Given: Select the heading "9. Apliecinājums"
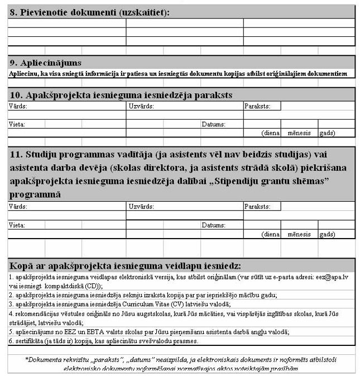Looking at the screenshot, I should pyautogui.click(x=46, y=63).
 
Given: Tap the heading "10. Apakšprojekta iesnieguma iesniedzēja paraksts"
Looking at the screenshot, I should pyautogui.click(x=121, y=95).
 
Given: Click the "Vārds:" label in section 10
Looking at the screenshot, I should pyautogui.click(x=17, y=106).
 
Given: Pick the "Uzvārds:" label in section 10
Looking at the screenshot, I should pyautogui.click(x=141, y=106).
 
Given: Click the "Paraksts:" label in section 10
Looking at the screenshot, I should pyautogui.click(x=257, y=106).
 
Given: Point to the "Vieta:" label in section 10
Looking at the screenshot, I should pyautogui.click(x=17, y=124).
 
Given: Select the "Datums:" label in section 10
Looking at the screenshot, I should pyautogui.click(x=213, y=124).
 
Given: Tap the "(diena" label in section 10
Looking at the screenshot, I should pyautogui.click(x=271, y=133).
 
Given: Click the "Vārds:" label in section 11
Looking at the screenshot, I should pyautogui.click(x=17, y=207).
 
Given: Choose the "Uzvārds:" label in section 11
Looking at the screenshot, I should pyautogui.click(x=141, y=207).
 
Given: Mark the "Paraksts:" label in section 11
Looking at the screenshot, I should pyautogui.click(x=257, y=207).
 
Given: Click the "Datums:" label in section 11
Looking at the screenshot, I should pyautogui.click(x=213, y=225).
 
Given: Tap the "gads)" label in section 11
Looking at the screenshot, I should pyautogui.click(x=327, y=234).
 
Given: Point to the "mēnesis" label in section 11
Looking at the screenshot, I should pyautogui.click(x=299, y=234).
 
